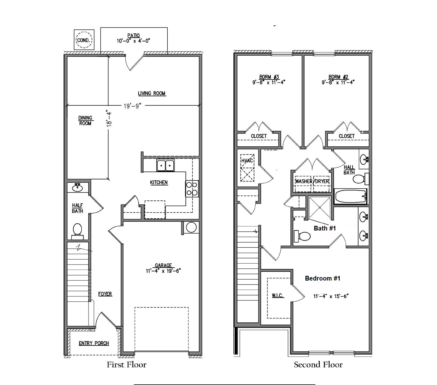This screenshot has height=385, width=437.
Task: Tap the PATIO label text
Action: click(x=134, y=36)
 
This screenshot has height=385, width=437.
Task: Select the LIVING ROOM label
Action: click(x=152, y=93)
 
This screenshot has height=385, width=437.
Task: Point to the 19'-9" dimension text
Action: click(x=133, y=106)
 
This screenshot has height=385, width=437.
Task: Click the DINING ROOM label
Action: click(x=85, y=120)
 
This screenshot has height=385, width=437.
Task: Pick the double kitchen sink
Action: click(x=165, y=165)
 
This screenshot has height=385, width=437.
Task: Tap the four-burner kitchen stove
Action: click(x=192, y=189)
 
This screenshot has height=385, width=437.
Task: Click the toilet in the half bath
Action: click(x=77, y=230)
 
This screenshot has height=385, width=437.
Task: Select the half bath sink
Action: click(x=77, y=188)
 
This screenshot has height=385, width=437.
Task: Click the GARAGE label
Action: click(x=163, y=266)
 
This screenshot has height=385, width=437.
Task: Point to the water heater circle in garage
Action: click(x=191, y=227)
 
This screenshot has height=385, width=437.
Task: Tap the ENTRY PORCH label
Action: click(x=94, y=343)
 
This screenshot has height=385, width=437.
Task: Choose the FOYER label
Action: click(x=105, y=294)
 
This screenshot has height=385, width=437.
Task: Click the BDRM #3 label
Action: click(x=269, y=77)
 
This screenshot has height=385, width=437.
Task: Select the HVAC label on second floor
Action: click(x=247, y=160)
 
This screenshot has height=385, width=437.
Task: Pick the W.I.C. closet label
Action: click(x=277, y=296)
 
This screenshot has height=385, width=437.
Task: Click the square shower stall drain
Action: click(x=319, y=207)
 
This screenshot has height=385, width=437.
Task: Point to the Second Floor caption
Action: click(x=318, y=365)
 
